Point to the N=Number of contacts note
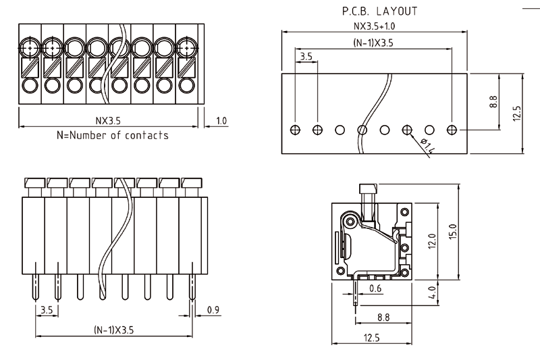coord(113,135)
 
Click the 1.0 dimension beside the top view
coord(221,122)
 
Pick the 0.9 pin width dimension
coord(213,310)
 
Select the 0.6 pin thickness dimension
coord(375,288)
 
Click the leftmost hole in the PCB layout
coord(295,129)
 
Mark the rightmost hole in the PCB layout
coord(452,129)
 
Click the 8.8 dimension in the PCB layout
coord(493,102)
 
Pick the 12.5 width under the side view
coord(373,337)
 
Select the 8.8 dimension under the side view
coord(383,316)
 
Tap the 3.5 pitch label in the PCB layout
coord(306,57)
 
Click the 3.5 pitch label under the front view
coord(47,310)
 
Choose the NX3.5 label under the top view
coord(108,122)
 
